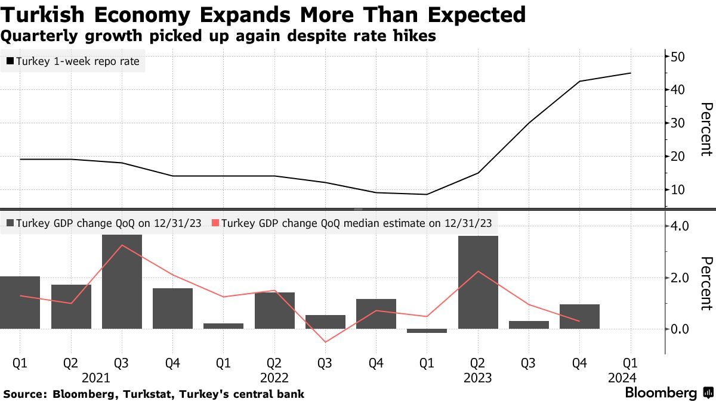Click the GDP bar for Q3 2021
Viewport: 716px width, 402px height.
tap(122, 282)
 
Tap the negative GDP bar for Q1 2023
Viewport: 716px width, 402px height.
tap(427, 331)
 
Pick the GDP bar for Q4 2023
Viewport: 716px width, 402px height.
tap(579, 316)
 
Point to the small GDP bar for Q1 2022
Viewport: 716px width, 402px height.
tap(223, 326)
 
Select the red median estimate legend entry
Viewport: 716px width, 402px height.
tap(352, 223)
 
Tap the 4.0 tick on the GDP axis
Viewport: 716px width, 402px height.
tap(680, 226)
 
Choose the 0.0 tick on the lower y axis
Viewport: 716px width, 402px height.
tap(680, 329)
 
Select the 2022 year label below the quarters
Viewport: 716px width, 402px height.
tap(274, 378)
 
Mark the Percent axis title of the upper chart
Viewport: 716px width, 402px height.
tap(706, 129)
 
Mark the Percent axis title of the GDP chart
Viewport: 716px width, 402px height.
tap(706, 283)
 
